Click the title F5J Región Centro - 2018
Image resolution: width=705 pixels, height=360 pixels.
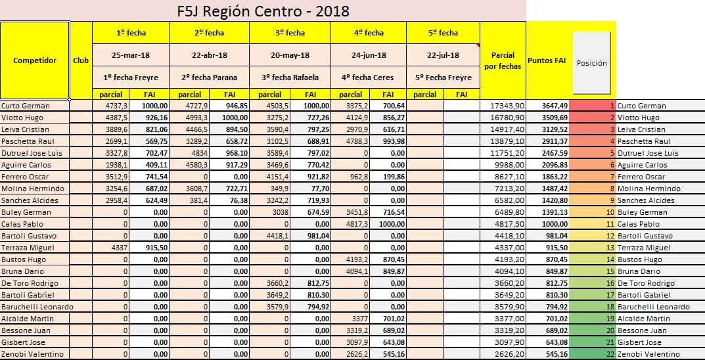[263, 11]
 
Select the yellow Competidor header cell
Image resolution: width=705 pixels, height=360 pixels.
[35, 60]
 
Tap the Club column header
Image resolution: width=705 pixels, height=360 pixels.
[81, 60]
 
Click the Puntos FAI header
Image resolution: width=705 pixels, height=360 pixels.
[547, 60]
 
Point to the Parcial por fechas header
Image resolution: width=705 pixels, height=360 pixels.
[503, 60]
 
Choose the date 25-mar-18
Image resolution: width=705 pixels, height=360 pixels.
[130, 55]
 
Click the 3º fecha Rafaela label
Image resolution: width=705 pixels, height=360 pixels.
[290, 78]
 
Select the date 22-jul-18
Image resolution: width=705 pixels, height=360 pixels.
[443, 55]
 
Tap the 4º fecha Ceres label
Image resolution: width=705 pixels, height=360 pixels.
[368, 78]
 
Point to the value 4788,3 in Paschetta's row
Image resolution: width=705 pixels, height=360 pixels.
[357, 141]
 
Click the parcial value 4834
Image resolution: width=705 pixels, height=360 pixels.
[198, 153]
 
